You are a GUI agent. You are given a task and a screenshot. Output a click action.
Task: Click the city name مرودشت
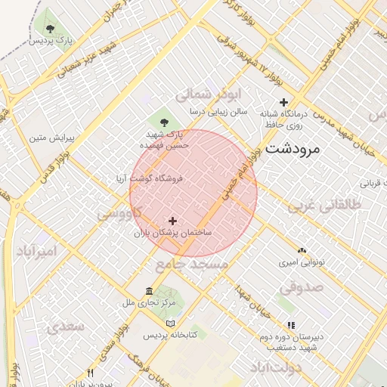tap(292, 149)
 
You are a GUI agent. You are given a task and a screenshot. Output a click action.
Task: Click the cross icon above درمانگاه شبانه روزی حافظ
tap(283, 102)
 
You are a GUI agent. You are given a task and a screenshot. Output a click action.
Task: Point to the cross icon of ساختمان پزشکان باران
tap(173, 221)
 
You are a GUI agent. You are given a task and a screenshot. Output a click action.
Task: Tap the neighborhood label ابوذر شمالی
tap(206, 96)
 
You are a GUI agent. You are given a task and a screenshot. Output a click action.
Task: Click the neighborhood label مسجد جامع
tap(191, 265)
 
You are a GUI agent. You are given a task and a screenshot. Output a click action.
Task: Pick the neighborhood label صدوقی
tap(302, 288)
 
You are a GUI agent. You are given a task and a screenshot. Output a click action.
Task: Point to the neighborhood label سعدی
tap(64, 327)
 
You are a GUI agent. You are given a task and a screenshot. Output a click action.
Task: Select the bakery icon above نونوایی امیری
tap(302, 250)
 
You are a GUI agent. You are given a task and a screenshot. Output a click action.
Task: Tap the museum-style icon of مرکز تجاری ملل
tap(149, 292)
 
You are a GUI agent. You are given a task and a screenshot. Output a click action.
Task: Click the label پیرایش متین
tap(51, 138)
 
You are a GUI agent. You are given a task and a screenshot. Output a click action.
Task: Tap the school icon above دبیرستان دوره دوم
tap(292, 326)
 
